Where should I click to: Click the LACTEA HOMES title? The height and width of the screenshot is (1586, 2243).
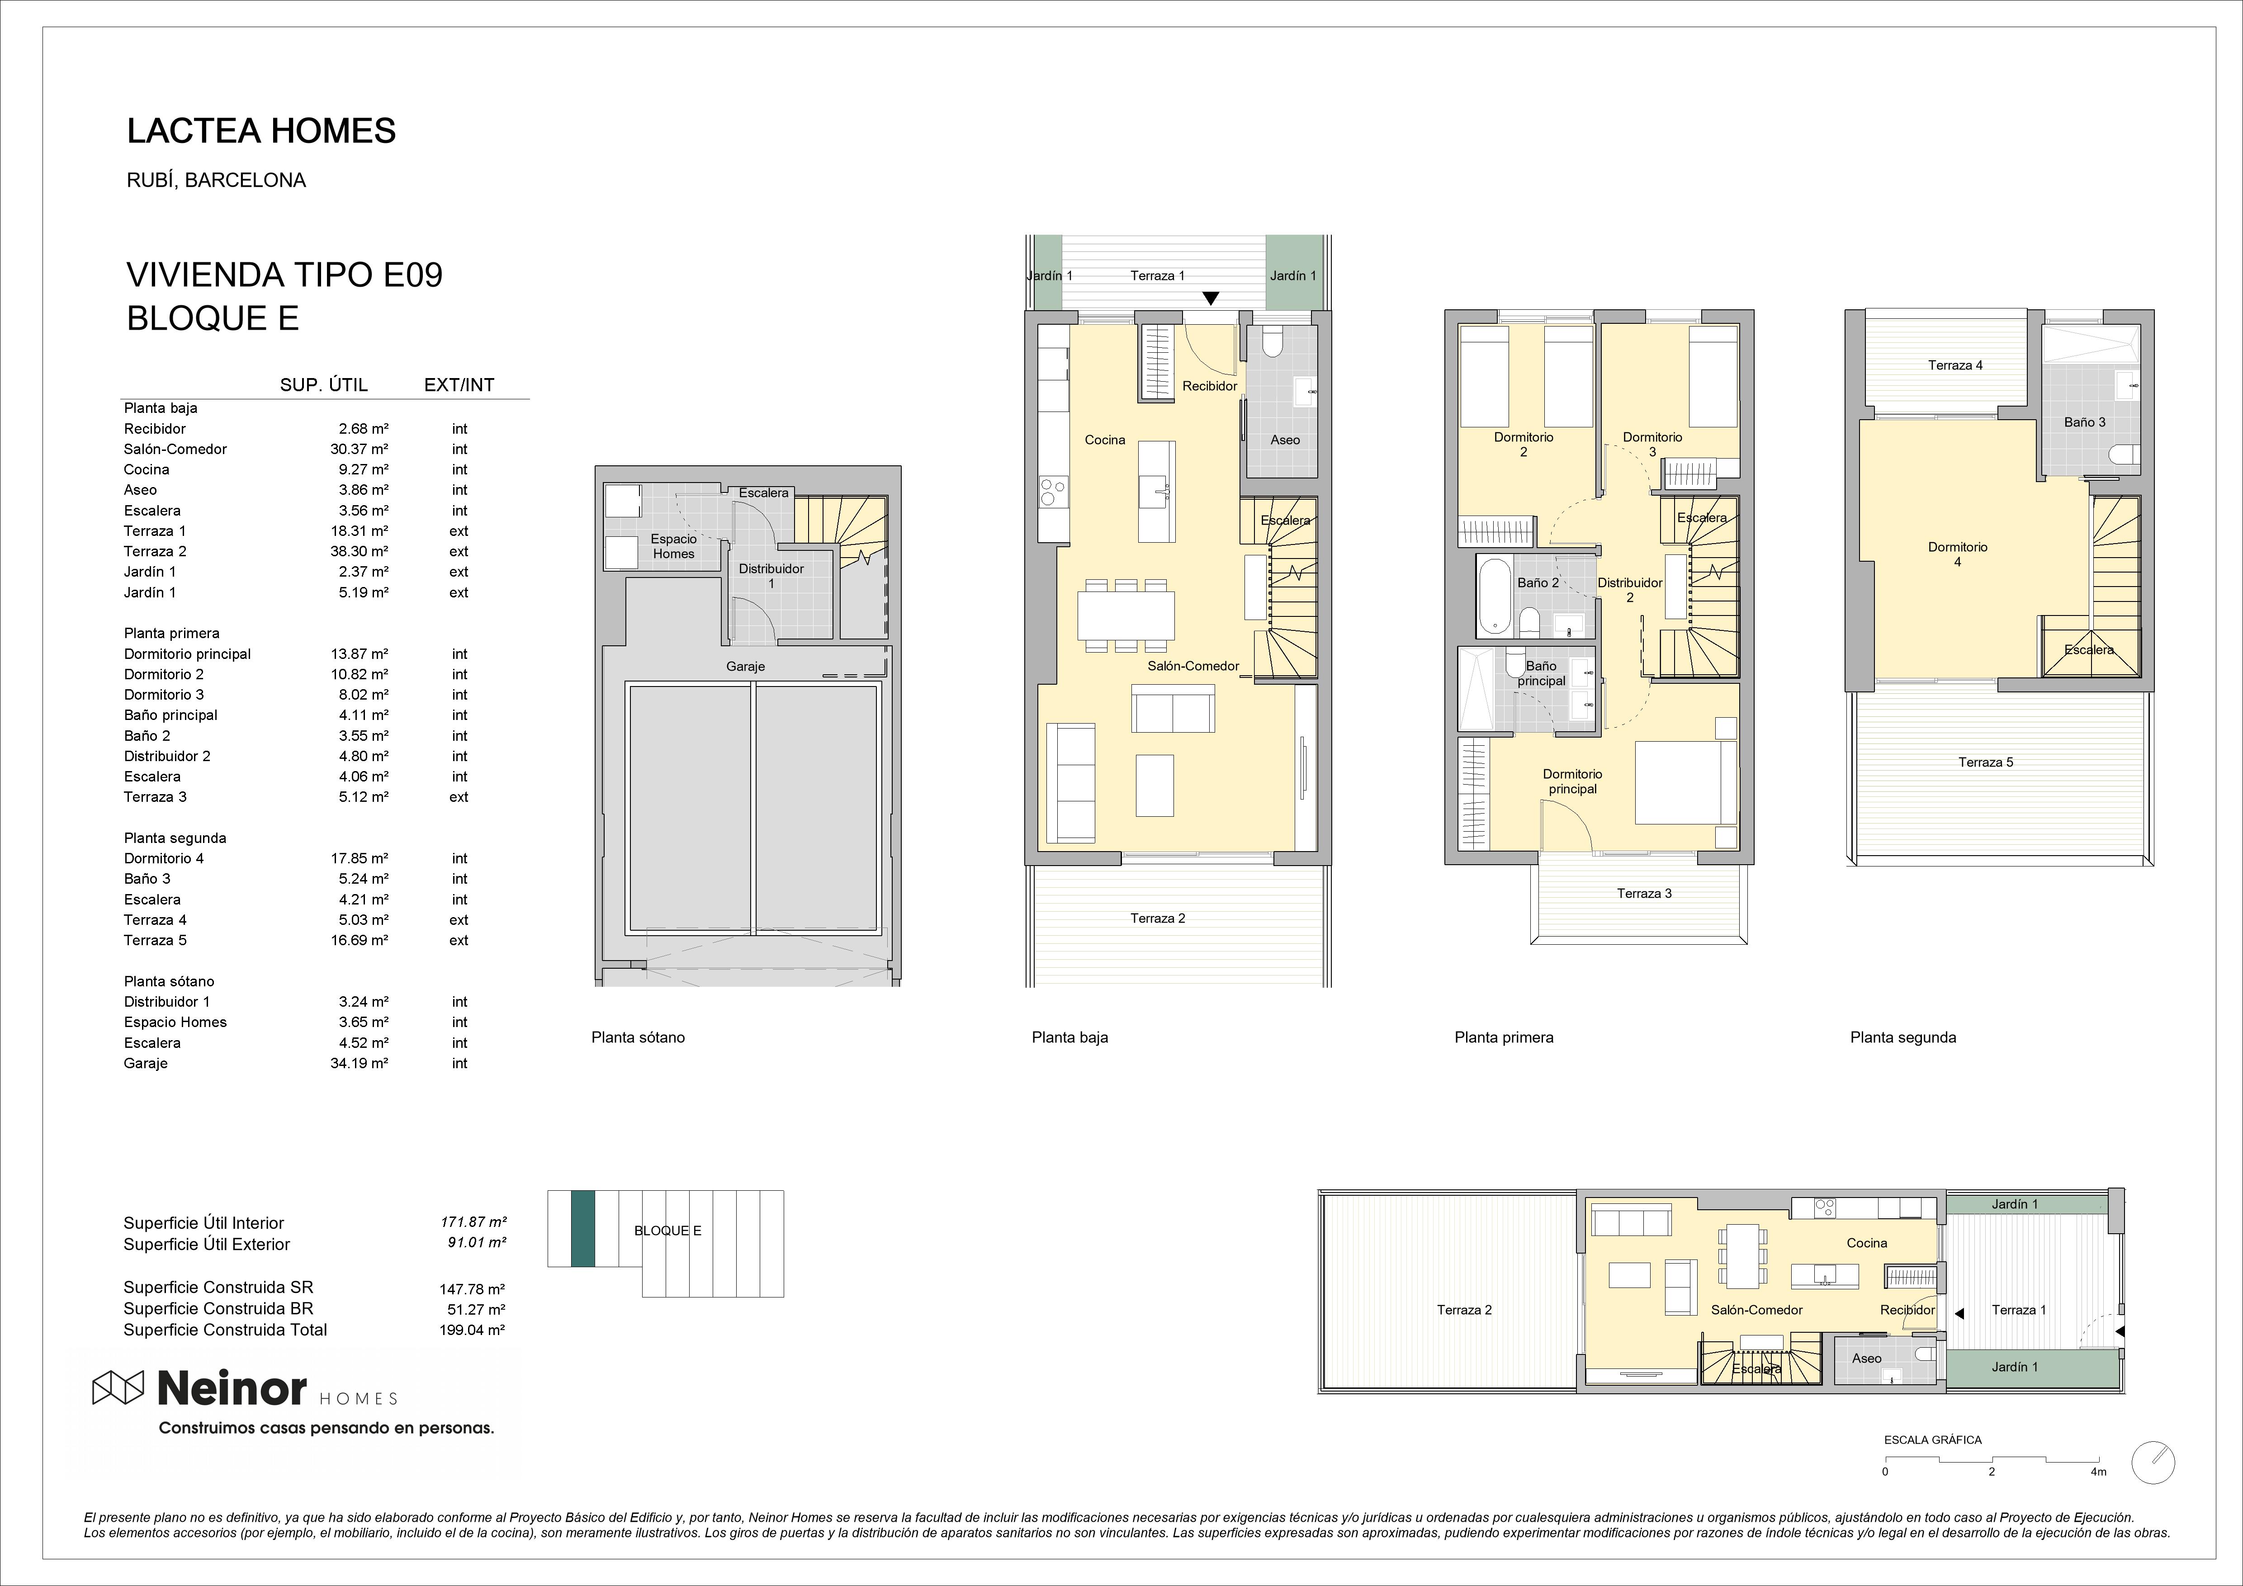[x=261, y=131]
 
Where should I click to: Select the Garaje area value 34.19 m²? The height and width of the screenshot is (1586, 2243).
[x=360, y=1063]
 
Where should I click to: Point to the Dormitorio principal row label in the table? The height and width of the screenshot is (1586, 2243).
[x=188, y=654]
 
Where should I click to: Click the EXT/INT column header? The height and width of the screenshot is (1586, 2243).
[x=459, y=385]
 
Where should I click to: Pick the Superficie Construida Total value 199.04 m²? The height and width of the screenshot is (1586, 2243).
[x=472, y=1330]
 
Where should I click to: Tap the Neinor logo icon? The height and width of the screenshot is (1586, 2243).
[x=117, y=1387]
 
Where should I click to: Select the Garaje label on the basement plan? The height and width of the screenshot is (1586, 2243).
[x=745, y=667]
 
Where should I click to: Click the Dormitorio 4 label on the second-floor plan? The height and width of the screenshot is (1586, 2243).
[x=1958, y=554]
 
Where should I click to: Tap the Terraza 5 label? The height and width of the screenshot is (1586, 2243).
[x=1986, y=762]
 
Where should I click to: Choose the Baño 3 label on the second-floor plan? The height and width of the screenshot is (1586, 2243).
[x=2085, y=422]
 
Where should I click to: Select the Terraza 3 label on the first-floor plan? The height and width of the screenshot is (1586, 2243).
[x=1644, y=893]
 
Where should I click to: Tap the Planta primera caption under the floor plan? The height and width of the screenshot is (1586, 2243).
[x=1504, y=1038]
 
